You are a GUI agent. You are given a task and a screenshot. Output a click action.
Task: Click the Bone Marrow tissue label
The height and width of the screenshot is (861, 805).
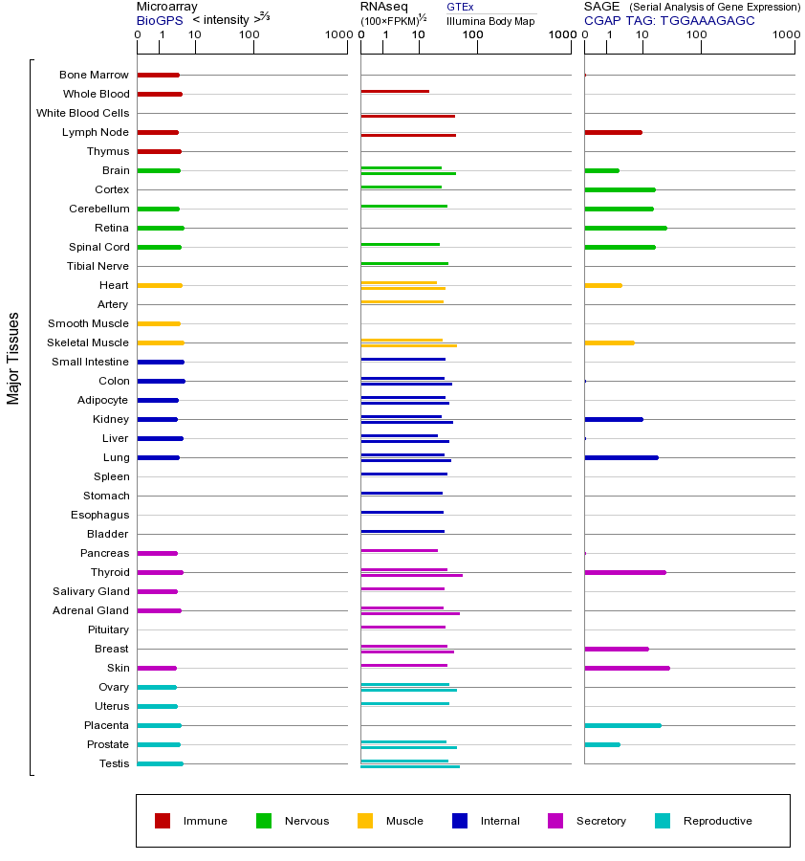[94, 75]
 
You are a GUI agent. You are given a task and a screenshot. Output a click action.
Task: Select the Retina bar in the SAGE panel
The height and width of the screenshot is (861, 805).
[625, 228]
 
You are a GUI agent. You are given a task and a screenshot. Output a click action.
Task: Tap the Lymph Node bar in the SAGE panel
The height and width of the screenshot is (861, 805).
[613, 132]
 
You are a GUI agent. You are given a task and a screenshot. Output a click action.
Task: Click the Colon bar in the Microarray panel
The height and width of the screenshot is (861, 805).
[161, 381]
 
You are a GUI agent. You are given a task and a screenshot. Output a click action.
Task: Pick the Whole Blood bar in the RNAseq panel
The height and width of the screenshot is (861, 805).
[395, 91]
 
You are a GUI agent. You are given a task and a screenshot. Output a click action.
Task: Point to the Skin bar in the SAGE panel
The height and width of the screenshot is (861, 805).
[626, 668]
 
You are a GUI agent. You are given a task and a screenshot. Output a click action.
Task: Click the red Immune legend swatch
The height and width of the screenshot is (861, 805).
[163, 821]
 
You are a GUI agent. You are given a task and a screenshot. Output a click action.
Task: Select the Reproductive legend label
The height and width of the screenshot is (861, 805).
[717, 821]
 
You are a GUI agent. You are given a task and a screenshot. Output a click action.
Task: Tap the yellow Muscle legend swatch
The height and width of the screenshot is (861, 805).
[365, 821]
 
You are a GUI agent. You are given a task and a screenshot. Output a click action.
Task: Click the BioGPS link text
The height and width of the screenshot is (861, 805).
[159, 20]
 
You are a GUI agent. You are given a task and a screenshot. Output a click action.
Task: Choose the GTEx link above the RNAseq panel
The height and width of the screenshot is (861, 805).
[460, 8]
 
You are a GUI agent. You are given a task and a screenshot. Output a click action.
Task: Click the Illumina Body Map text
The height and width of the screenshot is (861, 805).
[490, 21]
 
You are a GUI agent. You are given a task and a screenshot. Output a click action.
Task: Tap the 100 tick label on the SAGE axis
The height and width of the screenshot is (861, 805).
[696, 35]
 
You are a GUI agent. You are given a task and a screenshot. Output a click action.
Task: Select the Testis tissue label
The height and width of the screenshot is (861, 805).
[114, 763]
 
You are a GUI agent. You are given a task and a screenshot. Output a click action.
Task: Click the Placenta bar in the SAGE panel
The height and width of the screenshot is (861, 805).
[622, 725]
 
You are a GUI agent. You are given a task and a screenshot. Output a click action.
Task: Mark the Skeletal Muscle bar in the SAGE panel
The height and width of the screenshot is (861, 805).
[609, 342]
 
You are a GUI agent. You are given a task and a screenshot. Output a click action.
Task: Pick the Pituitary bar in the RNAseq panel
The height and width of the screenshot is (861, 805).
[402, 627]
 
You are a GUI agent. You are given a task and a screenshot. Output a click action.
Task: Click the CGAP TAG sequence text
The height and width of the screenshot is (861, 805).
[669, 20]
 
